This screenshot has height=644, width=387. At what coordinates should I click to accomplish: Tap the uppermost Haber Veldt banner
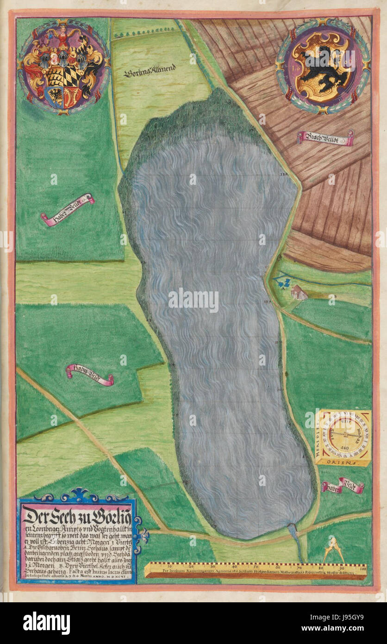[x=68, y=209]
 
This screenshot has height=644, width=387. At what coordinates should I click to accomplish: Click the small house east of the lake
[x=299, y=292]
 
